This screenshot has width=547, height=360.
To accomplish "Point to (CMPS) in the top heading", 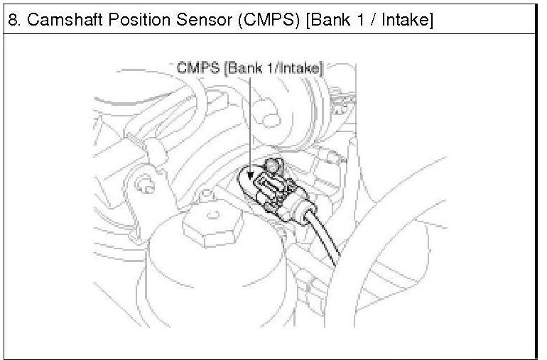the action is pyautogui.click(x=269, y=20).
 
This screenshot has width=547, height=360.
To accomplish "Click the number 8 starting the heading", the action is pyautogui.click(x=13, y=20).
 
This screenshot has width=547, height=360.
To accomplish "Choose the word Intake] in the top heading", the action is pyautogui.click(x=407, y=20).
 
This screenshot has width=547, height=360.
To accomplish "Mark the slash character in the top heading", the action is pyautogui.click(x=372, y=20).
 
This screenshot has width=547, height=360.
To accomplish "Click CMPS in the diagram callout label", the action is pyautogui.click(x=198, y=67).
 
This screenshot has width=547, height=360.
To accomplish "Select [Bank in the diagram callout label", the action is pyautogui.click(x=244, y=68).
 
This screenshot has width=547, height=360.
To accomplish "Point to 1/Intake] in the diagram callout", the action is pyautogui.click(x=296, y=68).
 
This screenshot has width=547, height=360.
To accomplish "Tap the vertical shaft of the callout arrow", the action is pyautogui.click(x=250, y=121).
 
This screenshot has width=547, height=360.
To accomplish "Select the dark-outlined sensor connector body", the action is pyautogui.click(x=272, y=190).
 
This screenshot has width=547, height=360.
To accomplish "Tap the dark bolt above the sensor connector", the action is pyautogui.click(x=273, y=165).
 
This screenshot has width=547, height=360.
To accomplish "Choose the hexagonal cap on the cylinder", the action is pyautogui.click(x=212, y=225).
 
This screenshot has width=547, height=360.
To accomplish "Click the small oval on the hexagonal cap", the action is pyautogui.click(x=213, y=215).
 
